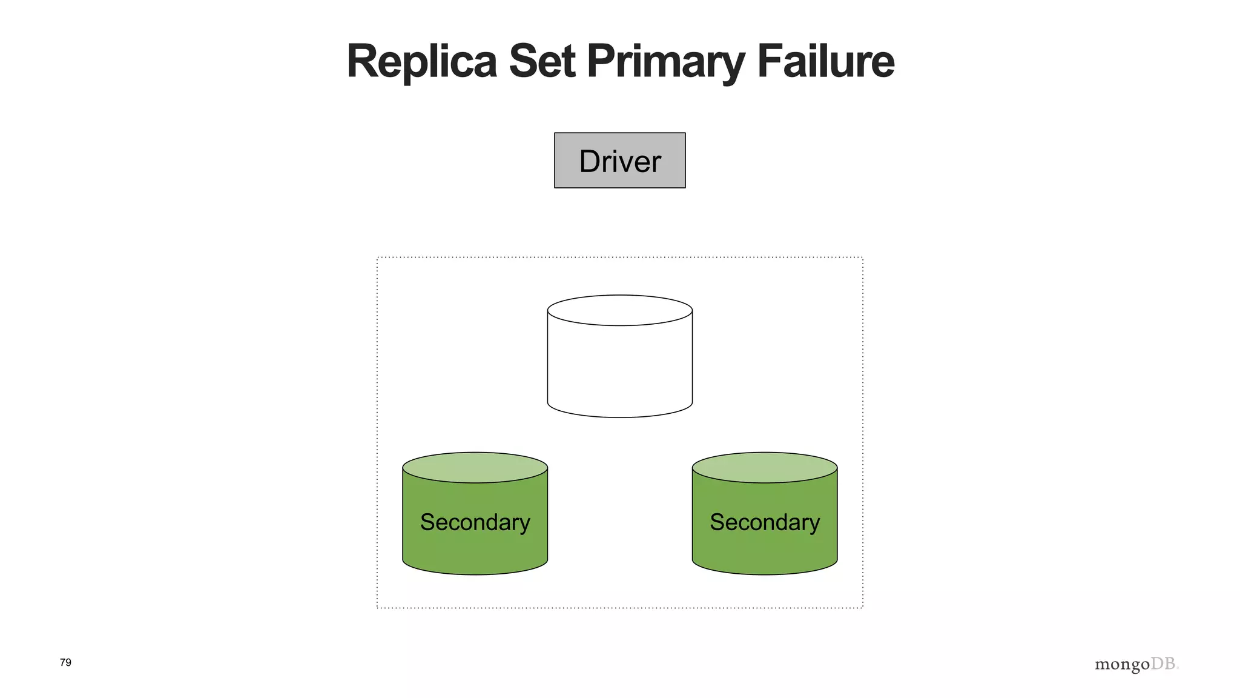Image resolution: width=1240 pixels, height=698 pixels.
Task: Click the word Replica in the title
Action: pos(421,62)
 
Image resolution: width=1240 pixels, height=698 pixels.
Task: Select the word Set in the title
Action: pos(541,62)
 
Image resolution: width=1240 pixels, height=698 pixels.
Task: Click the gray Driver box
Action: pos(619,160)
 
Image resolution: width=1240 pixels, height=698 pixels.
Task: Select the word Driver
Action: pos(619,162)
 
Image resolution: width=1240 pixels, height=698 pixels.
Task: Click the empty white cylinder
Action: pos(619,370)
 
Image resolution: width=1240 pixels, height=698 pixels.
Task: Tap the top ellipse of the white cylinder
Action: pos(619,310)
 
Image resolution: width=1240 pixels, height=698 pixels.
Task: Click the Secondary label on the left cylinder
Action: pos(475,522)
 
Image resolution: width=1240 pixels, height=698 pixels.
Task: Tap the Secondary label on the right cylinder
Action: pos(764,522)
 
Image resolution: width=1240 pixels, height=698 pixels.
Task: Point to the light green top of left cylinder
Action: pos(475,467)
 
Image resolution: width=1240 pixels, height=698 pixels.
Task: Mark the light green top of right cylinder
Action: pos(764,467)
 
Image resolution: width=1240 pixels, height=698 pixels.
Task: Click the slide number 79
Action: pos(65,662)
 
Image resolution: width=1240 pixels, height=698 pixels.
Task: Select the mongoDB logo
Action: pos(1136,665)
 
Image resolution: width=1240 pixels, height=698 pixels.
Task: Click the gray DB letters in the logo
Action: pos(1164,663)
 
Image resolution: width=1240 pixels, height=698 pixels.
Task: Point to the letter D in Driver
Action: pos(590,162)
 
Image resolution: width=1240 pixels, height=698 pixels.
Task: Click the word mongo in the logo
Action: pos(1122,665)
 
